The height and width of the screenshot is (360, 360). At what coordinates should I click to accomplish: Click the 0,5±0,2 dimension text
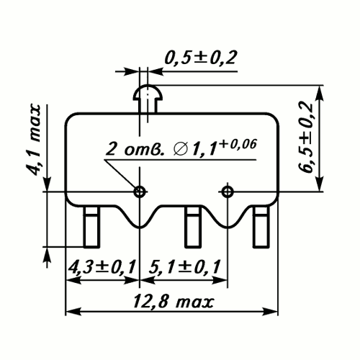(x=201, y=58)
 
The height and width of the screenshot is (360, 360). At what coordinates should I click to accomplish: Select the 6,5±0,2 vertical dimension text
(x=305, y=138)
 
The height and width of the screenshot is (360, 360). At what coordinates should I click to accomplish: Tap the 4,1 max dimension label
(x=34, y=140)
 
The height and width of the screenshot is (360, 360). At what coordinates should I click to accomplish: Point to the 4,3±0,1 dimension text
(x=102, y=266)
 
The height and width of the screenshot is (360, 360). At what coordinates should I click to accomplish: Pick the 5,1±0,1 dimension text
(x=184, y=266)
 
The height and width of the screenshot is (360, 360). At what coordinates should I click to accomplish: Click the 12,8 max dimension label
(x=174, y=302)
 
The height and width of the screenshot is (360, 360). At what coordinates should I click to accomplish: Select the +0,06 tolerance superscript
(x=238, y=145)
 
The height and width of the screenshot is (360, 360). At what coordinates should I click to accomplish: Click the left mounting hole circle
(x=140, y=192)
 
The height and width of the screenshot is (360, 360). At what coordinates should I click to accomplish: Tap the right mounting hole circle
(x=228, y=192)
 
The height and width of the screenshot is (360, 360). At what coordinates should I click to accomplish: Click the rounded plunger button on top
(x=148, y=92)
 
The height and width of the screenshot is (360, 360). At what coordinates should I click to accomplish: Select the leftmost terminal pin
(x=91, y=227)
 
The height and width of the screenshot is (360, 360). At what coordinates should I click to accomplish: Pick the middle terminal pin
(x=192, y=227)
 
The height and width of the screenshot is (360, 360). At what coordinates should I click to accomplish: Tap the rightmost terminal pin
(x=261, y=227)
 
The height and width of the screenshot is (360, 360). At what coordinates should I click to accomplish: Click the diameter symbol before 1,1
(x=180, y=150)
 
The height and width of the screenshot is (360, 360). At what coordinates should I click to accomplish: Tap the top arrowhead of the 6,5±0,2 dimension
(x=320, y=93)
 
